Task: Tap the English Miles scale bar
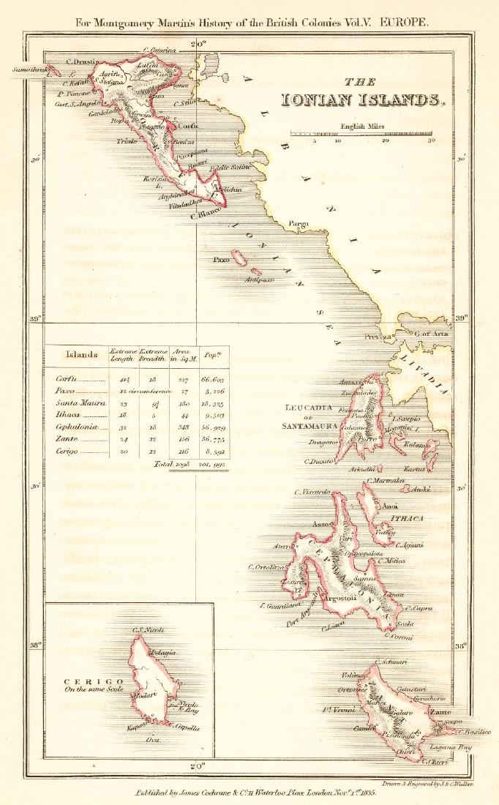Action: point(362,134)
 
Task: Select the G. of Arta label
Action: point(431,334)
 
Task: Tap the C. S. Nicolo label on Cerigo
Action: point(147,629)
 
